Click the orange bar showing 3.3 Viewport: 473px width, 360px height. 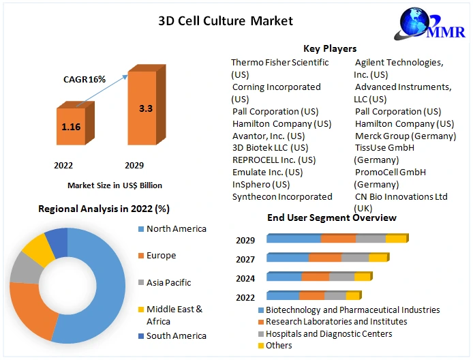[x=145, y=108]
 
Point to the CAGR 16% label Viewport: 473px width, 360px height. [x=85, y=79]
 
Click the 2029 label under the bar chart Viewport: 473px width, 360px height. [x=134, y=165]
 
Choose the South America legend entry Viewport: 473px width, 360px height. [x=176, y=335]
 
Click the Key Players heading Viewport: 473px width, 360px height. [x=330, y=48]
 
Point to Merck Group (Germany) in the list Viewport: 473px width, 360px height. [x=405, y=136]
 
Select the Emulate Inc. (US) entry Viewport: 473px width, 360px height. [x=267, y=172]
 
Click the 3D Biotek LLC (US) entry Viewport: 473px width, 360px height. [x=270, y=147]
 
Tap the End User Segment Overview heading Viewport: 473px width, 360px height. [x=332, y=217]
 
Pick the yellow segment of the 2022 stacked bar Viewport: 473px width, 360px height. [x=352, y=296]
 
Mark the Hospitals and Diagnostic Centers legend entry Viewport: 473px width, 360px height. [x=329, y=333]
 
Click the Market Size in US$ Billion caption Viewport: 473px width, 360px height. [x=115, y=185]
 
